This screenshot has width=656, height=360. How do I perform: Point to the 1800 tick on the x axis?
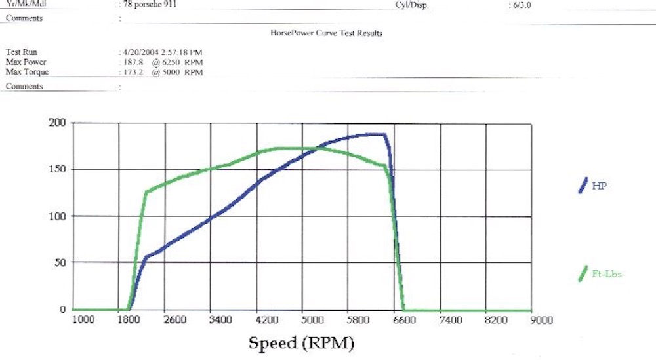point(129,320)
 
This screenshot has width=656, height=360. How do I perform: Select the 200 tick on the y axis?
point(57,123)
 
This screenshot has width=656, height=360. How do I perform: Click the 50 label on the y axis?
point(60,262)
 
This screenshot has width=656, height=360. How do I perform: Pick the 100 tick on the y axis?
point(57,216)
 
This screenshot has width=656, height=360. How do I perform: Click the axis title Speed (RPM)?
point(301,343)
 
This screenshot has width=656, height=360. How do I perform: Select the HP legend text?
point(599,186)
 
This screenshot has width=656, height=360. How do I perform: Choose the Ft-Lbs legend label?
point(606,274)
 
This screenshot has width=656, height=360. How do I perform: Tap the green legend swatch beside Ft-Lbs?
point(582,274)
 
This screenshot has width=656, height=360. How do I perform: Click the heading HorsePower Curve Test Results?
point(327,33)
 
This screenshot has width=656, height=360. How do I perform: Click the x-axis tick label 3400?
point(220,320)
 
